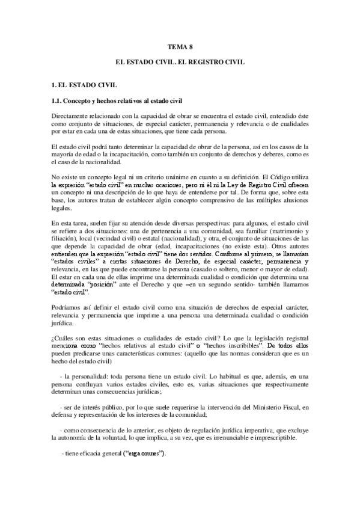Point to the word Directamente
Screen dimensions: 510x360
point(72,115)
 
